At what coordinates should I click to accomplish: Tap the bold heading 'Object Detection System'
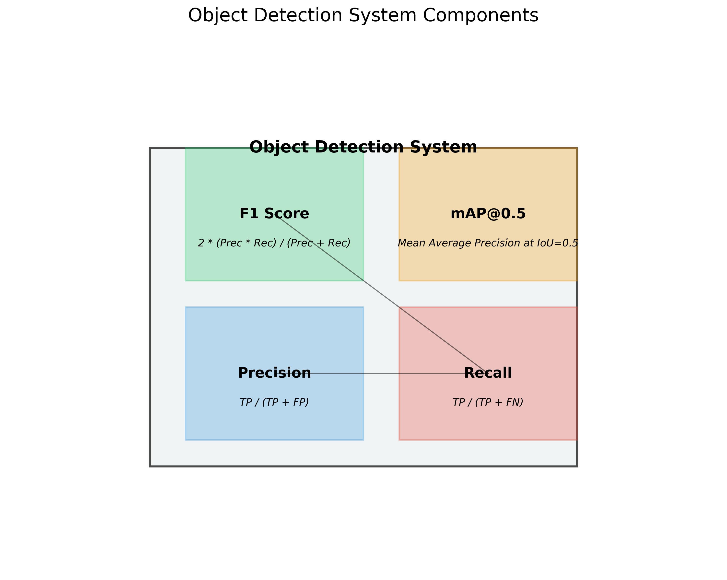(363, 147)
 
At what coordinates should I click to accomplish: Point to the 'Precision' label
(274, 373)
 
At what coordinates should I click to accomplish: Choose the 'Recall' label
(488, 373)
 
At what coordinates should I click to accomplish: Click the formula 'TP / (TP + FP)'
(274, 402)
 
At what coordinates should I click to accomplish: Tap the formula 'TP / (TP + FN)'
(488, 402)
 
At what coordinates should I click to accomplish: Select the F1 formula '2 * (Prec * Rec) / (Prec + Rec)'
(274, 243)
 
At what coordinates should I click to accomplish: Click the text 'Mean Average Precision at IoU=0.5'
(488, 243)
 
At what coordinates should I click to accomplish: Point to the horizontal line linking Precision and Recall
(388, 373)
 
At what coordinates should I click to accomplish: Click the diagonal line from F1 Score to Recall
(381, 293)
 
